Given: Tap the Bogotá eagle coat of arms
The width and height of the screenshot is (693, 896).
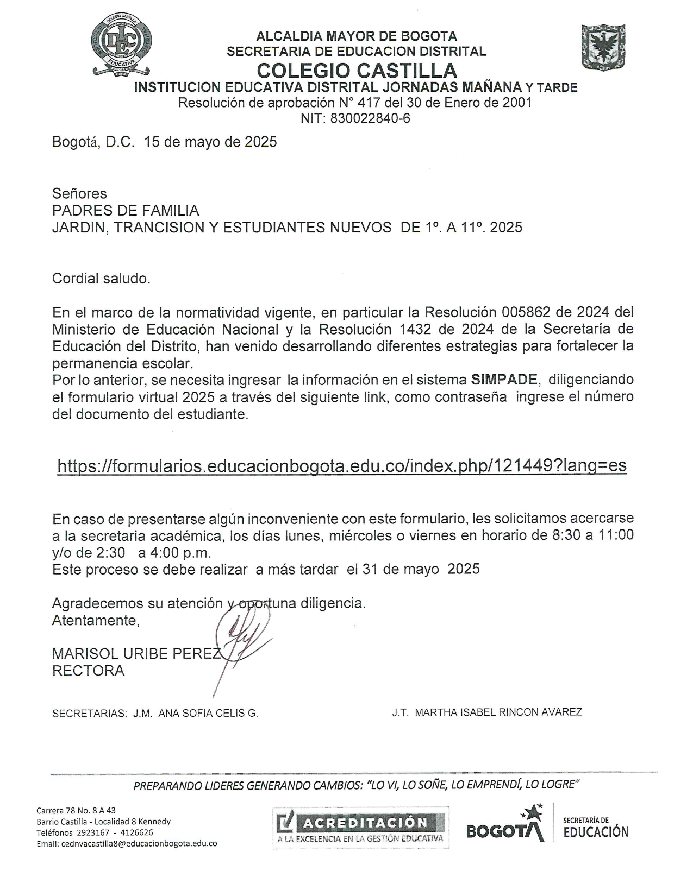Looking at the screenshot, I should pos(603,47).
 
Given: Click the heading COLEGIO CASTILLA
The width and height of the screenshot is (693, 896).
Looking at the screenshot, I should pos(357,71).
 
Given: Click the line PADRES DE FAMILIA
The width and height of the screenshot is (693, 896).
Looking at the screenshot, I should pos(126,210).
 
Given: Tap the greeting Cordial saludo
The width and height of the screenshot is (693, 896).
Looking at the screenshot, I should pos(101,279).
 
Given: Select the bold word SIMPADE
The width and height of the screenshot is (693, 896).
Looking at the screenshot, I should pos(504,379).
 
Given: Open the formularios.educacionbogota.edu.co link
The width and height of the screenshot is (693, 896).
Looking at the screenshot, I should pos(342,465).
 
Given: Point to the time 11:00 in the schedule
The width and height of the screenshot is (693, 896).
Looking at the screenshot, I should pos(616,535).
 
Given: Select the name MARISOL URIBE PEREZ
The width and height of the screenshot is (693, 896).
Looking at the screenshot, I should pos(136,654).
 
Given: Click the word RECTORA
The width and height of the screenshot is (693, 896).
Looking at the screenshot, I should pos(88,671).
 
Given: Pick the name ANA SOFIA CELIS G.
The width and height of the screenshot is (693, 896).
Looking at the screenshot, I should pos(208,714).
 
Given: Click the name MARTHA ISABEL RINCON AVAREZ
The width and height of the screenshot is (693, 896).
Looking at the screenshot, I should pos(498,712).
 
